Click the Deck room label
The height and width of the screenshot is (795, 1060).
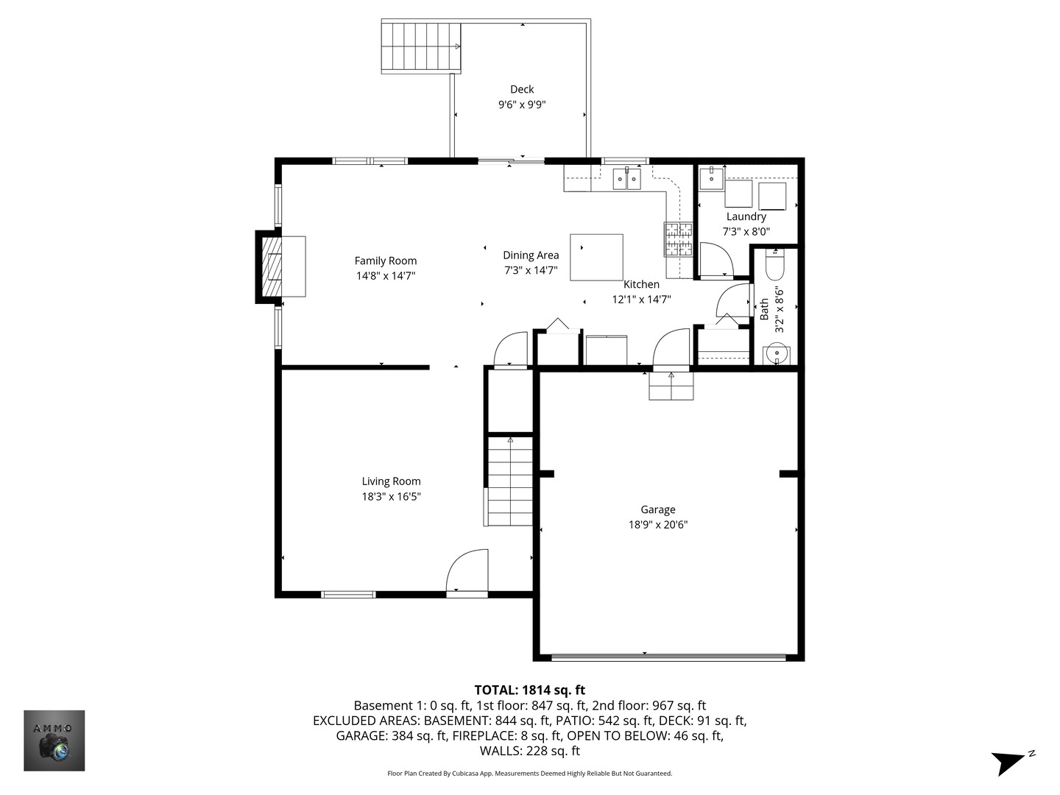click(522, 89)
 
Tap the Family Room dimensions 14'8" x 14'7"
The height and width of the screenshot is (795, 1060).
click(386, 276)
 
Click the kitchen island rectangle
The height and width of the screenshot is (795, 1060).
click(596, 257)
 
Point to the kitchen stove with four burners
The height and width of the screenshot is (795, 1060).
click(679, 239)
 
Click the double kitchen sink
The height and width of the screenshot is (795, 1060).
click(627, 178)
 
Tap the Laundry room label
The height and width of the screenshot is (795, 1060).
click(746, 216)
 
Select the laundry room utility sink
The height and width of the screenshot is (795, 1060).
click(710, 178)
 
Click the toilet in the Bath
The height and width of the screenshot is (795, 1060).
click(775, 264)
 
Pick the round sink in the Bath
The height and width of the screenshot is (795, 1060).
click(776, 355)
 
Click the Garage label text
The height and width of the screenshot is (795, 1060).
click(657, 509)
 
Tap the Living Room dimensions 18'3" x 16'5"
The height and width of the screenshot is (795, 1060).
click(391, 497)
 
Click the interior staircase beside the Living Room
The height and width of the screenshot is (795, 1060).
click(509, 480)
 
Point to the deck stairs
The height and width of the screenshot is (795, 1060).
click(421, 46)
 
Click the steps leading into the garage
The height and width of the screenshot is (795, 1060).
click(671, 386)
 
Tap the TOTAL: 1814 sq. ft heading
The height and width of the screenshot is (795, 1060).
click(529, 690)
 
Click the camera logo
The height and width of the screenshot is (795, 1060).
click(54, 741)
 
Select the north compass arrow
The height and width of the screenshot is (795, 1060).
click(1010, 761)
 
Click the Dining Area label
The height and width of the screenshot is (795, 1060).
click(531, 255)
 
